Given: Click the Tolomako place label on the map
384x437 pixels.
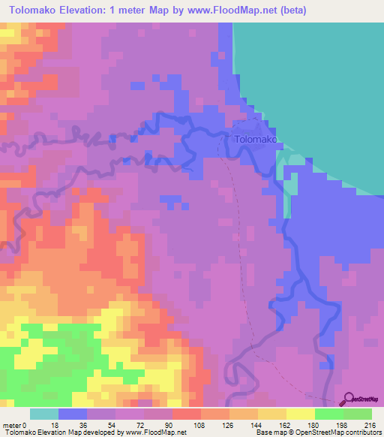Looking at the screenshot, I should click(x=256, y=140).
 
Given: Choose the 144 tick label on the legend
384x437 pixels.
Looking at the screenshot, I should click(x=259, y=424).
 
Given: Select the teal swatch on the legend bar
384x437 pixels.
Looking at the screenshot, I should click(x=44, y=414).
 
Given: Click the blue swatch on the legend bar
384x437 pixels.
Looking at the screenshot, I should click(x=73, y=414).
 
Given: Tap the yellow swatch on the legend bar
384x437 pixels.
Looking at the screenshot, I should click(x=301, y=414).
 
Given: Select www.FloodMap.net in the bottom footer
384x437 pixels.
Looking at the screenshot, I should click(x=157, y=432).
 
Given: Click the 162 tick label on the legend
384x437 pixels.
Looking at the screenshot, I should click(x=287, y=424).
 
